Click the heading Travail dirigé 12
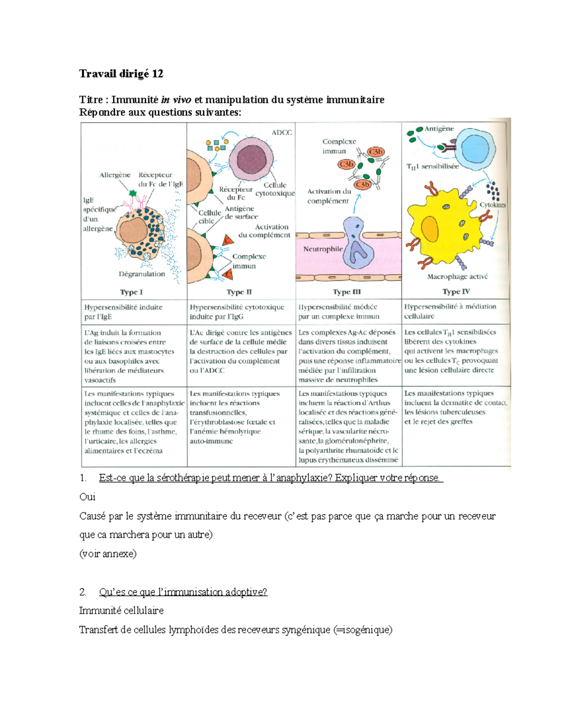pos(121,73)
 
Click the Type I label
pos(131,292)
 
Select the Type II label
pos(239,292)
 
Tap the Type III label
pos(347,292)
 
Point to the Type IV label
pos(456,292)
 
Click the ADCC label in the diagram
pos(281,132)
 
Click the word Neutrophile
pos(323,249)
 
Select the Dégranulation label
pos(141,274)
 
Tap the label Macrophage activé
pos(457,277)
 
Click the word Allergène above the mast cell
pos(115,175)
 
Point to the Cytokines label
pos(492,205)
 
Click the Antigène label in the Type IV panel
pos(439,129)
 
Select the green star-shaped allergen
pos(133,193)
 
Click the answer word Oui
pos(88,497)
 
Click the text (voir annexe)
pos(108,554)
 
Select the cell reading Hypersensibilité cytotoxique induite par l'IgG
pos(237,312)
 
